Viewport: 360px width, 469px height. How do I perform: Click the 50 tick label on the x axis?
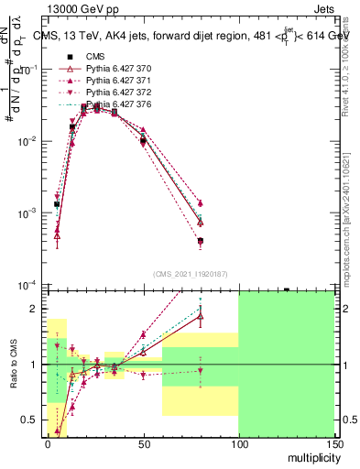pos(142,443)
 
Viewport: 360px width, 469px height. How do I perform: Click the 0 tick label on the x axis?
pos(47,443)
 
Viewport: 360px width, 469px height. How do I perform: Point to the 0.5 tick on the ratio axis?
pos(32,420)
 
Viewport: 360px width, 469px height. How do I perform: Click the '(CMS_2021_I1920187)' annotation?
pos(191,274)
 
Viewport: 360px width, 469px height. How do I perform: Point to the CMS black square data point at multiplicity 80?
pos(200,241)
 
